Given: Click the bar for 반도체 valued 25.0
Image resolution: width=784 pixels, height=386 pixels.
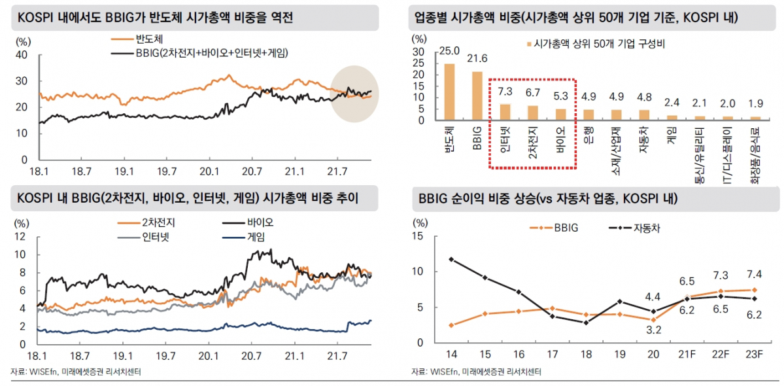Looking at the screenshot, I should pyautogui.click(x=449, y=92).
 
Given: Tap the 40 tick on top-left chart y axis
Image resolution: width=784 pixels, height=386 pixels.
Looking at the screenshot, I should pyautogui.click(x=20, y=56).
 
